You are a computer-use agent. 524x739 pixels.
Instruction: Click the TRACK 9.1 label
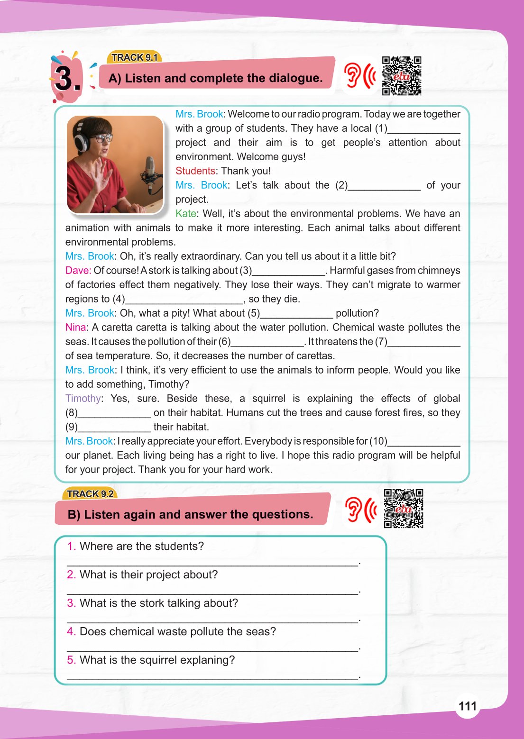(135, 57)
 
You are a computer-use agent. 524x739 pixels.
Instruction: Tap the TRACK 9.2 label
(90, 494)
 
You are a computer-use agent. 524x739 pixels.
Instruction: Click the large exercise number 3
(67, 79)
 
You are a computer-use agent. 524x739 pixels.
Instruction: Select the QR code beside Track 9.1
(402, 76)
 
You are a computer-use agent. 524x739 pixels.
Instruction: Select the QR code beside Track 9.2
(404, 509)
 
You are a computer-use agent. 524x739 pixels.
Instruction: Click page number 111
(467, 706)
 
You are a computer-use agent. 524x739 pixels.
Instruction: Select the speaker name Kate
(186, 214)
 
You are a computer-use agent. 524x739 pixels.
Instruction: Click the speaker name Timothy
(83, 399)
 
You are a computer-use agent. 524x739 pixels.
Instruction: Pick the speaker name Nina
(76, 328)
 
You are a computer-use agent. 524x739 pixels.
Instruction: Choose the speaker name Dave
(77, 271)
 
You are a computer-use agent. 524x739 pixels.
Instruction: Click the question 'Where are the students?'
(141, 546)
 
